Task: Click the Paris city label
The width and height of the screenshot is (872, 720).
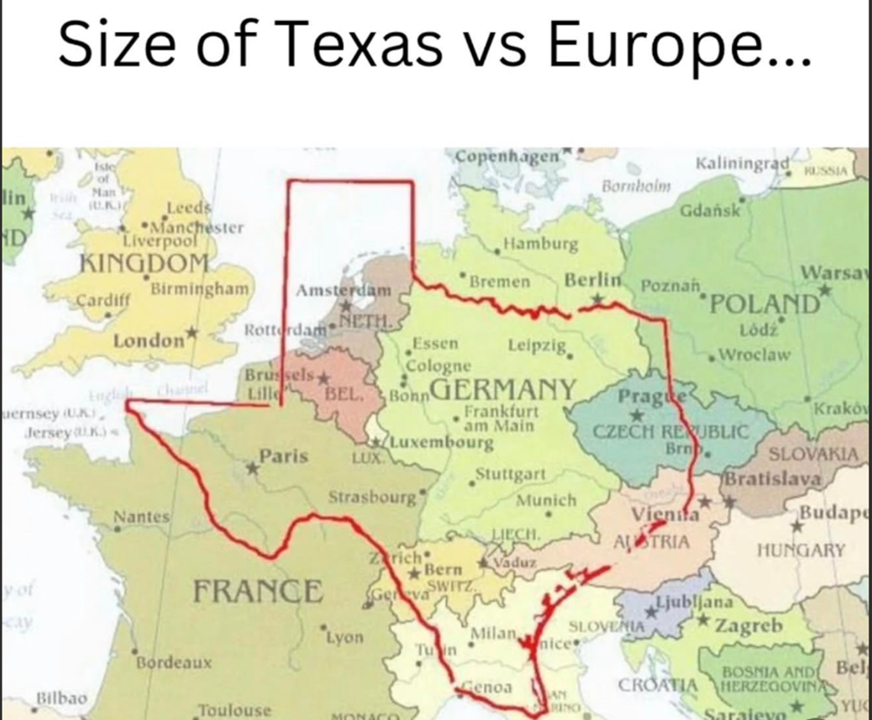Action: [283, 456]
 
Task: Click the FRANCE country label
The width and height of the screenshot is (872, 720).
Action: [257, 591]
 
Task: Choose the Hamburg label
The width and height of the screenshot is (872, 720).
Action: [541, 244]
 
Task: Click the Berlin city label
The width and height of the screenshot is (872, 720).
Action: [592, 281]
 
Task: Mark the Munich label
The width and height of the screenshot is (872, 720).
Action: [547, 501]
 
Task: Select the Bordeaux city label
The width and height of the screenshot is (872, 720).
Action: [174, 662]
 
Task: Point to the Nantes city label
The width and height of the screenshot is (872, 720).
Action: [141, 518]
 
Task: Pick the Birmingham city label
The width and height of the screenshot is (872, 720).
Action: [201, 288]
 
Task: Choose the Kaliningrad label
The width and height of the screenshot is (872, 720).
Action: [743, 164]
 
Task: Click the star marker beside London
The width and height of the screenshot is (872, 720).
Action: [193, 334]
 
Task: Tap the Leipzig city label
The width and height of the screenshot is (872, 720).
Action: [536, 344]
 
